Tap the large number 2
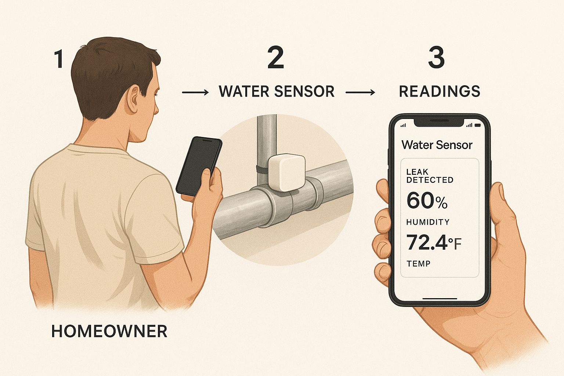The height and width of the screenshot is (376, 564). [276, 58]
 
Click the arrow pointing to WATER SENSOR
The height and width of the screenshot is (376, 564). [195, 93]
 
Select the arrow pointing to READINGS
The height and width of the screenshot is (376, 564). [360, 93]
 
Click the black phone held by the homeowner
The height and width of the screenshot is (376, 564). [199, 166]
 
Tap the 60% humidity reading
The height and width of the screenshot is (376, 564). [427, 200]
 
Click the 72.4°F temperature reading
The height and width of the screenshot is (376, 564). [434, 242]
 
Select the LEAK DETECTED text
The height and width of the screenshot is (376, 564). [430, 176]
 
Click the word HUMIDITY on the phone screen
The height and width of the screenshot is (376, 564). [428, 222]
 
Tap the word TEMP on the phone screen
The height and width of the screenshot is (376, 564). [418, 264]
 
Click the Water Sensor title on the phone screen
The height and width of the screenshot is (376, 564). [437, 145]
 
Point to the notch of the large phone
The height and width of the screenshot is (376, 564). [439, 122]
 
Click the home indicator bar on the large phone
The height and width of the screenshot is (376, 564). [440, 299]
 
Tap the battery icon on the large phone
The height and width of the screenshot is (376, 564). [478, 125]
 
